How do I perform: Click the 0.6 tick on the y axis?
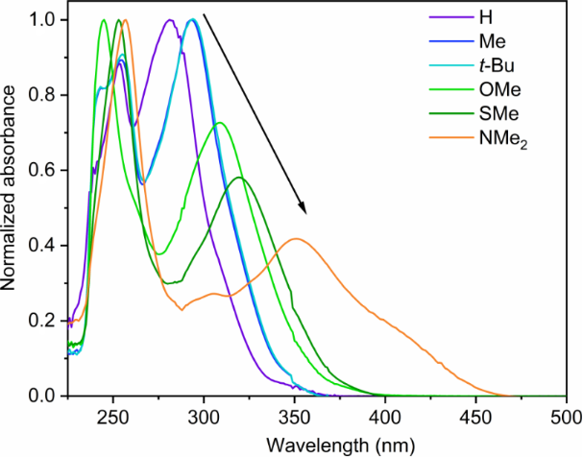coord(44,170)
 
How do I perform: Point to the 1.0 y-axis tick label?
coord(44,19)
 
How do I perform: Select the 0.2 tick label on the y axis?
coord(44,321)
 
